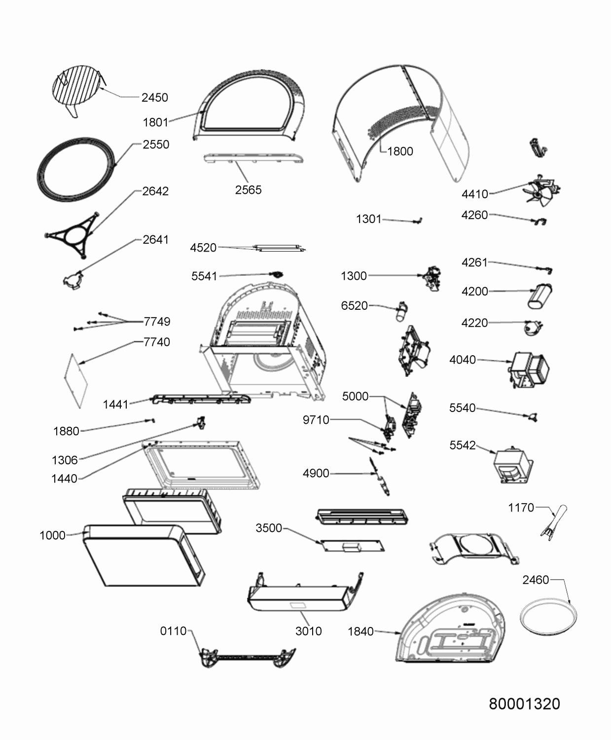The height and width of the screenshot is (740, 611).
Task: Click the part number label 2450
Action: click(154, 98)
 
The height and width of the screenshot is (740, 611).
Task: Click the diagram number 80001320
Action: click(524, 703)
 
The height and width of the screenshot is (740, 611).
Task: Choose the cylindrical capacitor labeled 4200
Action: click(540, 296)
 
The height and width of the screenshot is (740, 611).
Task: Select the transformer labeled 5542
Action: click(513, 465)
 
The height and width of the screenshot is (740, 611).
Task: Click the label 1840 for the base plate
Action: click(360, 631)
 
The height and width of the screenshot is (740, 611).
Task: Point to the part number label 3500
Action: click(269, 528)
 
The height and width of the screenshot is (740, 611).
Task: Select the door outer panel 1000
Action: click(143, 555)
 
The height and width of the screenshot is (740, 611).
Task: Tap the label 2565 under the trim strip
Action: click(248, 190)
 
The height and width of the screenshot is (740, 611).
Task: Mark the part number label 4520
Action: click(203, 248)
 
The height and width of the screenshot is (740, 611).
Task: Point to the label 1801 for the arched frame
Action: click(155, 122)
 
